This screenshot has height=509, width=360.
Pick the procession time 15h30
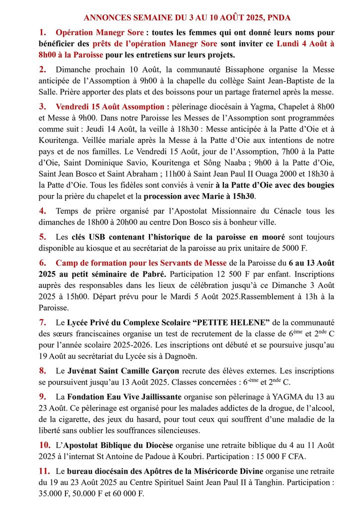coord(243,196)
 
